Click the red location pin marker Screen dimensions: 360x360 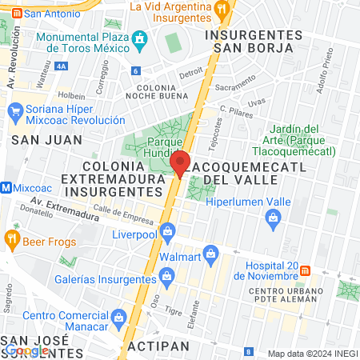181,163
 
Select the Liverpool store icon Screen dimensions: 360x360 167,233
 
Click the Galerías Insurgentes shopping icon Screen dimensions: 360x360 167,278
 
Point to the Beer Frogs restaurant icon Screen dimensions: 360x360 11,238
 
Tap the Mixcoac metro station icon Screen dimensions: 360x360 6,188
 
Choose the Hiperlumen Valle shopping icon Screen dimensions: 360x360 273,216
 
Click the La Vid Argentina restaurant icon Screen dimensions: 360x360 222,7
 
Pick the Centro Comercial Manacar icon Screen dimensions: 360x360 118,317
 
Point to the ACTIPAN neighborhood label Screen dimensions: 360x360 158,346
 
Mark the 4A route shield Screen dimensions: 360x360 61,67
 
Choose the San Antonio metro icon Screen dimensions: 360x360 15,14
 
